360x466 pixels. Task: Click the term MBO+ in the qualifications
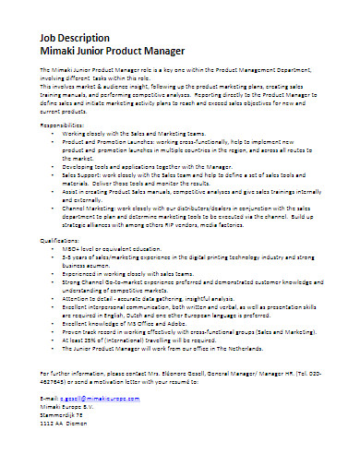point(70,273)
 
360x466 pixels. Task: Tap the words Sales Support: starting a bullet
point(83,173)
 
